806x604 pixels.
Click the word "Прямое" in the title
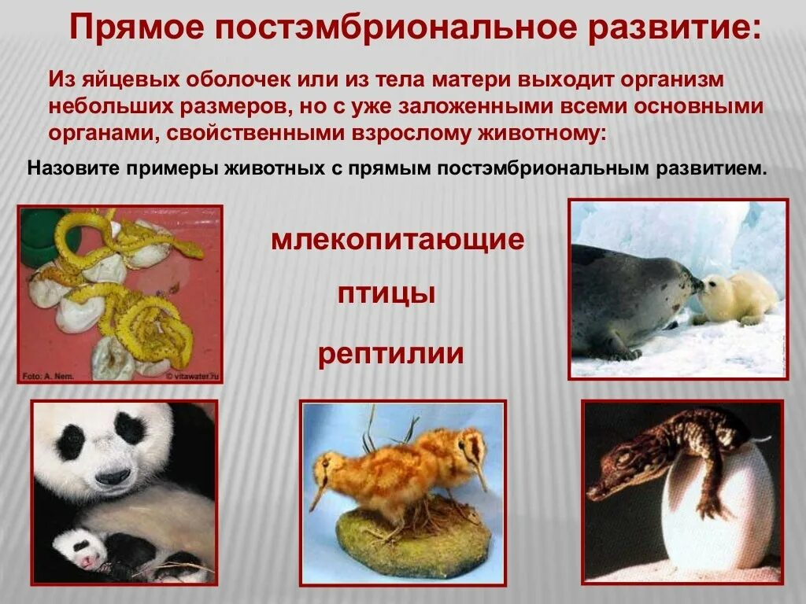135,29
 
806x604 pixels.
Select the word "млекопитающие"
397,239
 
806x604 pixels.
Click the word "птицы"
386,295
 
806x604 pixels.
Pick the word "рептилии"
391,354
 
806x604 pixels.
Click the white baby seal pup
737,300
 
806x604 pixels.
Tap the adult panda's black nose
114,476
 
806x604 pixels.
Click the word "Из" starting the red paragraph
61,80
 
